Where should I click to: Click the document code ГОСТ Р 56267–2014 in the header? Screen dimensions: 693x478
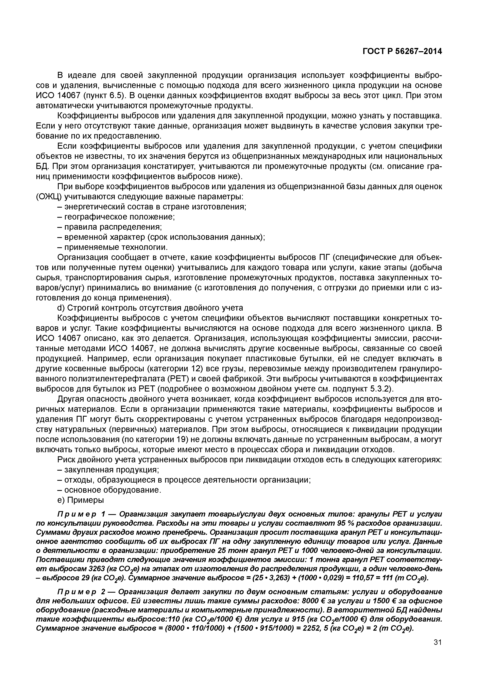(x=402, y=52)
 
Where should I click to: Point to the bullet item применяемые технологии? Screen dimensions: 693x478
(x=112, y=247)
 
